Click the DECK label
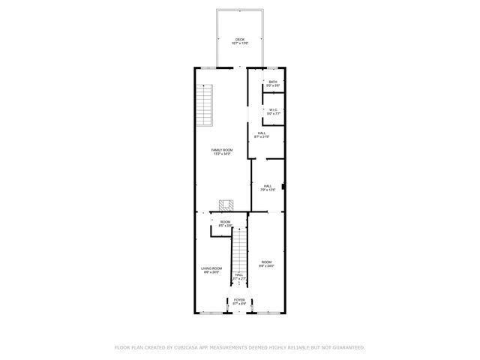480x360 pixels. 240,40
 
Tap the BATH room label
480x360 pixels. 273,82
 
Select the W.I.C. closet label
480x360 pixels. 273,109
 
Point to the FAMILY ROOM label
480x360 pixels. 222,150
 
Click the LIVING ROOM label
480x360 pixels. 211,268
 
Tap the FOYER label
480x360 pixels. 239,300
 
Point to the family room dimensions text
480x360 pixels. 222,154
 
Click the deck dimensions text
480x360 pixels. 240,44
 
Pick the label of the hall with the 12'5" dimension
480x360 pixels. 268,186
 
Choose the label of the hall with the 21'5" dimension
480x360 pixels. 262,133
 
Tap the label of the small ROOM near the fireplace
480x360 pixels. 225,221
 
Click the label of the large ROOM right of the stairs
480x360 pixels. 267,262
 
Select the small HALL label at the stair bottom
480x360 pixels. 238,274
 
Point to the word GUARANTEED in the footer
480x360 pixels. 346,347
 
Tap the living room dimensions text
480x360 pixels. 211,272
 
